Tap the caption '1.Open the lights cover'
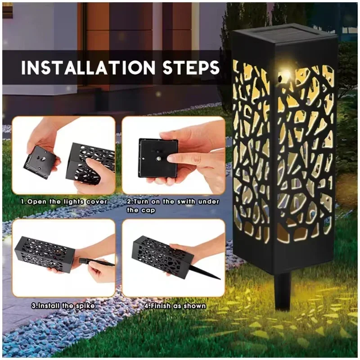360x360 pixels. (x=64, y=201)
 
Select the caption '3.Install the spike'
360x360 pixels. (x=63, y=306)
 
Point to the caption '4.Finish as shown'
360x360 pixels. (x=175, y=306)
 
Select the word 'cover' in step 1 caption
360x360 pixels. (x=96, y=201)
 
